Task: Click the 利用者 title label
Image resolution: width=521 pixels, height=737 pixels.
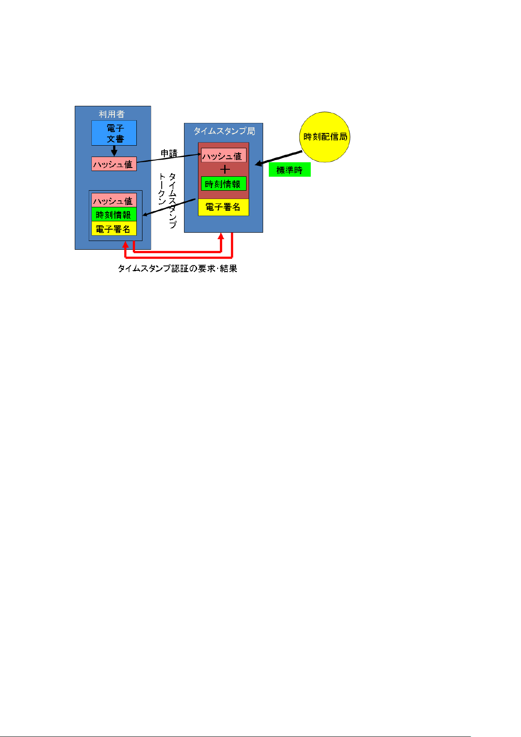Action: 111,114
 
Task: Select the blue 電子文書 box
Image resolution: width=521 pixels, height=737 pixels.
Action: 114,133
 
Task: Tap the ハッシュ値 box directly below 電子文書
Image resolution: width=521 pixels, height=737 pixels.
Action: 114,164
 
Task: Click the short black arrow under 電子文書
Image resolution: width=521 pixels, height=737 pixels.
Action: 114,151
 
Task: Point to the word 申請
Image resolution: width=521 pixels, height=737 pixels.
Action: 169,154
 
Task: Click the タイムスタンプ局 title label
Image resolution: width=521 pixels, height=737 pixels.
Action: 224,131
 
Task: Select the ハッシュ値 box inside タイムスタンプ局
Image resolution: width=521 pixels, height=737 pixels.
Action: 223,156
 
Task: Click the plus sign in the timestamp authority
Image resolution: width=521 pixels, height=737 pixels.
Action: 225,170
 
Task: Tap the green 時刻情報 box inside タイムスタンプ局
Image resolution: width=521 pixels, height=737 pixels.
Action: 223,184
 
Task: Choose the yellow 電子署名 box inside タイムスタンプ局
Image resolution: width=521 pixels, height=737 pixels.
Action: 223,207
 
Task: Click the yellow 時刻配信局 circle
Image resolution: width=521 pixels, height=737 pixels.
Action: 325,137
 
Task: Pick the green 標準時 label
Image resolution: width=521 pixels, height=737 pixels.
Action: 289,170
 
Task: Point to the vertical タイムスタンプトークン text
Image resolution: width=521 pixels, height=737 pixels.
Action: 168,200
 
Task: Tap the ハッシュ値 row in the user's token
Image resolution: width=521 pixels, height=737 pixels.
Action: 114,200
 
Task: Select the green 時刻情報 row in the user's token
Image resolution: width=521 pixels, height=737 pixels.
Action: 114,214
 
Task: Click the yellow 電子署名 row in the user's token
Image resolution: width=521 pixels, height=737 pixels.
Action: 114,229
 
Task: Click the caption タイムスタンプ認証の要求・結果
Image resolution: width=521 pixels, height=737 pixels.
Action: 177,269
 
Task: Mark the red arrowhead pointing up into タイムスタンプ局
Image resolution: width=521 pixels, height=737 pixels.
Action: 222,236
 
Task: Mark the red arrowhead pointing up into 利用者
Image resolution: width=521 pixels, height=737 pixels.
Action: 126,245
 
